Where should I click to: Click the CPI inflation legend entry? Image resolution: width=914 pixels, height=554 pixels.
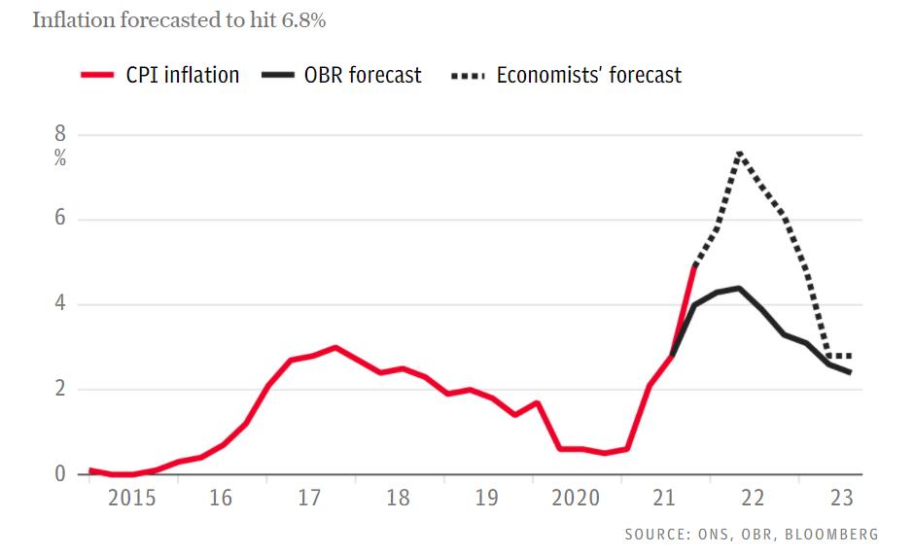point(160,75)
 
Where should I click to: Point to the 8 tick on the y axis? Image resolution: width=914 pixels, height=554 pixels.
point(59,135)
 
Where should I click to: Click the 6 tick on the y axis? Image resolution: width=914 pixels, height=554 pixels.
point(59,220)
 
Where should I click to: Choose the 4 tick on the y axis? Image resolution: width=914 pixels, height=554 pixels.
point(59,304)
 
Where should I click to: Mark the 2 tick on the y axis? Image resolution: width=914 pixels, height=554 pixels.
point(59,390)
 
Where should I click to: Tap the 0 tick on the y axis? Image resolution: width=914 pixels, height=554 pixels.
point(59,474)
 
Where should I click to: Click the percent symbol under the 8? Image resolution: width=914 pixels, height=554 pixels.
point(60,158)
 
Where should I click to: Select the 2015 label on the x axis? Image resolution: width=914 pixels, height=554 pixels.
point(131,499)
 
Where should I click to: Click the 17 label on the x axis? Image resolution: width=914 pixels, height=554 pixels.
point(309,499)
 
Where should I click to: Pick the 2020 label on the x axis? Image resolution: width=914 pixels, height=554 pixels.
point(576,499)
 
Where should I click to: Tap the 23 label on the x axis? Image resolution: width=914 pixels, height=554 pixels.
point(842,499)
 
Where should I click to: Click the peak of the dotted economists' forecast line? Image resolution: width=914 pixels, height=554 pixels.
point(740,153)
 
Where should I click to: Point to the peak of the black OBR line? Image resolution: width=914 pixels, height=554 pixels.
point(739,288)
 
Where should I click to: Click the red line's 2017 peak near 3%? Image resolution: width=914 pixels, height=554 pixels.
point(335,347)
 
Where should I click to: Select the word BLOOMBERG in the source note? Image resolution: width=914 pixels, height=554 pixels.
point(835,535)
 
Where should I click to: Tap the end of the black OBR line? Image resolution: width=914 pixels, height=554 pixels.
point(851,372)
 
